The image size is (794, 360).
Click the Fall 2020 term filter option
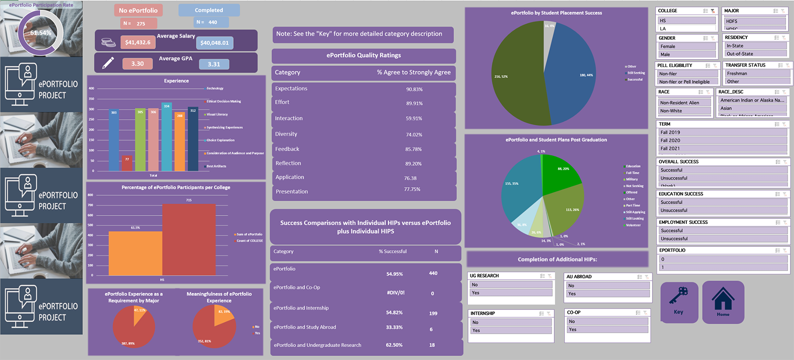click(723, 141)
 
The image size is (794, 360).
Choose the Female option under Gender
click(687, 47)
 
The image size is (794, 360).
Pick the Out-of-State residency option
click(755, 54)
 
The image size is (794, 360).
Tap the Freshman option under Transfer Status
click(757, 73)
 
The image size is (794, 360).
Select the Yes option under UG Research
click(511, 293)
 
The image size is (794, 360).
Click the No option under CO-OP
click(606, 322)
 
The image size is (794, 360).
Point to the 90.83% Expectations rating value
click(414, 89)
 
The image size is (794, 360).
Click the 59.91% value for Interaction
click(414, 119)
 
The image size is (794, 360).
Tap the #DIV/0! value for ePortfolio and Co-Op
click(396, 293)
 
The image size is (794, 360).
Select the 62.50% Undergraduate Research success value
click(394, 345)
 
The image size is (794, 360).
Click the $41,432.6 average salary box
click(138, 43)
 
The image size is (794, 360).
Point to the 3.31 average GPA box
click(214, 64)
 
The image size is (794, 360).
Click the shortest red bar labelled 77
click(127, 163)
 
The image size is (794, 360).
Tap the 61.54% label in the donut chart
click(41, 33)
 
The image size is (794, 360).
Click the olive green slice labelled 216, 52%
click(516, 74)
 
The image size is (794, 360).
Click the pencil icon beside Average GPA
click(108, 63)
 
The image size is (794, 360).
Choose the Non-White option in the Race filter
click(684, 111)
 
